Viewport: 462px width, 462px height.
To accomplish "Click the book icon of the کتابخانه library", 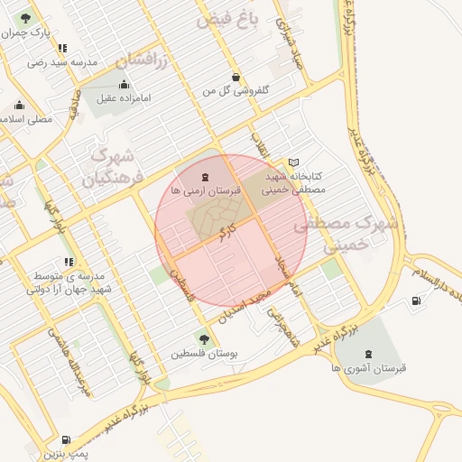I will click(x=293, y=162).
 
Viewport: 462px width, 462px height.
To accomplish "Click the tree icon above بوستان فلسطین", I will click(x=204, y=339).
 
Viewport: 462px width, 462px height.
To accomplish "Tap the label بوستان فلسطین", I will click(x=204, y=355).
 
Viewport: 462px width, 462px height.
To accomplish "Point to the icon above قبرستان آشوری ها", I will click(x=368, y=354).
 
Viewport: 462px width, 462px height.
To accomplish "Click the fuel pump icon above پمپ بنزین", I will click(x=69, y=439).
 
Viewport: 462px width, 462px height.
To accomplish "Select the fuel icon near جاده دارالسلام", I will click(x=416, y=301).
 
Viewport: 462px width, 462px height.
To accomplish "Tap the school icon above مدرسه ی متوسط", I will click(x=62, y=261).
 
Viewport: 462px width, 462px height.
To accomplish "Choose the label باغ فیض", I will click(x=227, y=19).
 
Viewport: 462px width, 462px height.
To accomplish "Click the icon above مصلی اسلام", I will click(x=20, y=106).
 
